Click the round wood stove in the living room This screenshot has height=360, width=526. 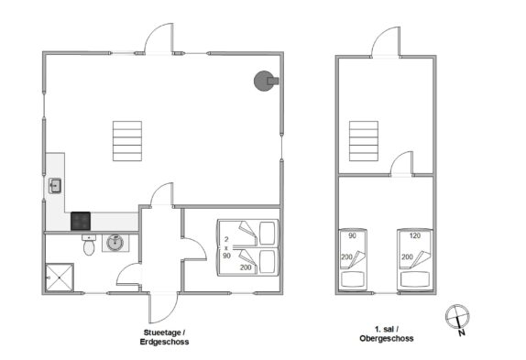tap(265, 81)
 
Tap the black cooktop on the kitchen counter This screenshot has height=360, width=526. tap(81, 222)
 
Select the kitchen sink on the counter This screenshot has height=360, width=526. tap(55, 186)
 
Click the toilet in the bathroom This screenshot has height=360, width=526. tap(89, 245)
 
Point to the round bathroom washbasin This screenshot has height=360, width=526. tap(115, 243)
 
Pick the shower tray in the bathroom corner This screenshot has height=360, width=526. tap(60, 278)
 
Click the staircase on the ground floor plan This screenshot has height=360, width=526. tap(127, 141)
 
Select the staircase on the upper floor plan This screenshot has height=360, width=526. tap(364, 141)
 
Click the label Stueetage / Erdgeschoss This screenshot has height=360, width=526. tap(164, 337)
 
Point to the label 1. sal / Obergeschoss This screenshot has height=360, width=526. tap(387, 333)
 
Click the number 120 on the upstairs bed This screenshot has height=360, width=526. tap(415, 235)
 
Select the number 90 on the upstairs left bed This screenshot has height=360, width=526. tap(352, 235)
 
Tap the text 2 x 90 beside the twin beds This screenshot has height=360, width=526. tap(226, 247)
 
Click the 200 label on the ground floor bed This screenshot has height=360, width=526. tap(246, 267)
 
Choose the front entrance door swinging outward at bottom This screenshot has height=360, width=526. tap(163, 308)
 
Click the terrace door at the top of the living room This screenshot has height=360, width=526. tap(159, 38)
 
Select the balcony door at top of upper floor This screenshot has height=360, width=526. tap(386, 42)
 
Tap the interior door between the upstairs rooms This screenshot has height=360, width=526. tap(402, 163)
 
